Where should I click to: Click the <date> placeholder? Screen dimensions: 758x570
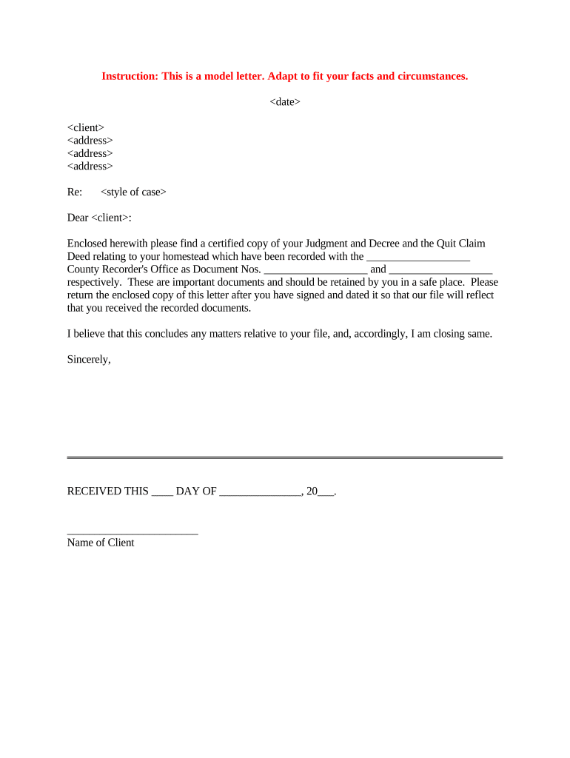click(x=285, y=102)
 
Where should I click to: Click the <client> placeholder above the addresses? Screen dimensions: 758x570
click(x=86, y=127)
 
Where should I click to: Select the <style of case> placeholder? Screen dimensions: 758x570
click(x=133, y=192)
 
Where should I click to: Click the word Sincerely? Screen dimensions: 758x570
click(x=89, y=359)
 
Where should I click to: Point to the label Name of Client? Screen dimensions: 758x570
click(x=101, y=543)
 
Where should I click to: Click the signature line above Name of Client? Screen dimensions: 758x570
click(x=133, y=532)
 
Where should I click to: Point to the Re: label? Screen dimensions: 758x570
click(x=75, y=192)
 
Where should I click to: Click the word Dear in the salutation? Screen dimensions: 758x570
click(x=78, y=218)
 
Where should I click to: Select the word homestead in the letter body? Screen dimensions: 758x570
click(x=186, y=256)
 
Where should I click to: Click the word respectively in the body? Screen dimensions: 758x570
click(x=94, y=282)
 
